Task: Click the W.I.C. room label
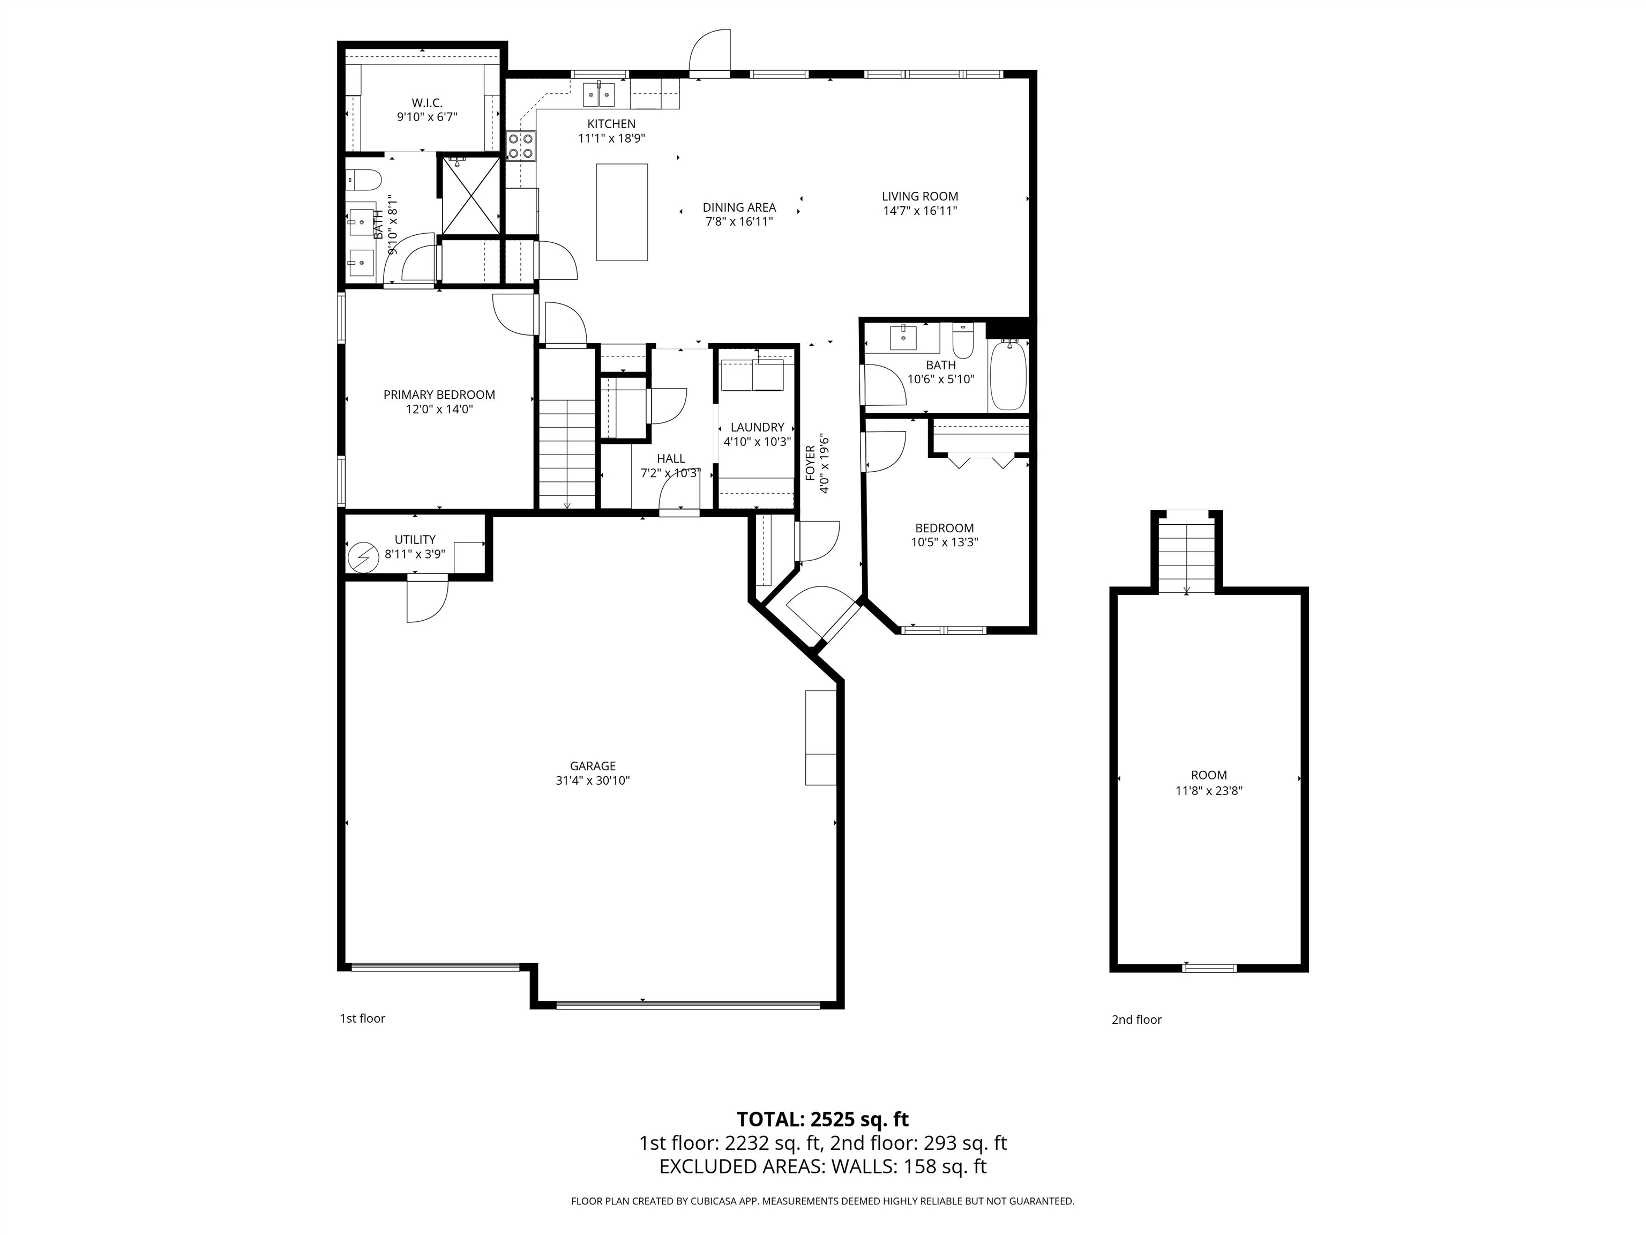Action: tap(427, 103)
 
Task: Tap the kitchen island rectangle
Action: tap(622, 212)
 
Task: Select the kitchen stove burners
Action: tap(521, 146)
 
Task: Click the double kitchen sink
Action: tap(599, 94)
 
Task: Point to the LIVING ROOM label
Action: tap(920, 197)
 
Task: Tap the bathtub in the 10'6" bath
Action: tap(1007, 375)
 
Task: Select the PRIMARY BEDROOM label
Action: tap(439, 395)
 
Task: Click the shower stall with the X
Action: tap(470, 195)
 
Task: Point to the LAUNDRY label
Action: tap(757, 427)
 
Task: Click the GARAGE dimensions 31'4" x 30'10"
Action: tap(593, 780)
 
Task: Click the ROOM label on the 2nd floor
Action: tap(1208, 775)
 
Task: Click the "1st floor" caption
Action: tap(362, 1018)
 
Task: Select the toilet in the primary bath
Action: tap(364, 180)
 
